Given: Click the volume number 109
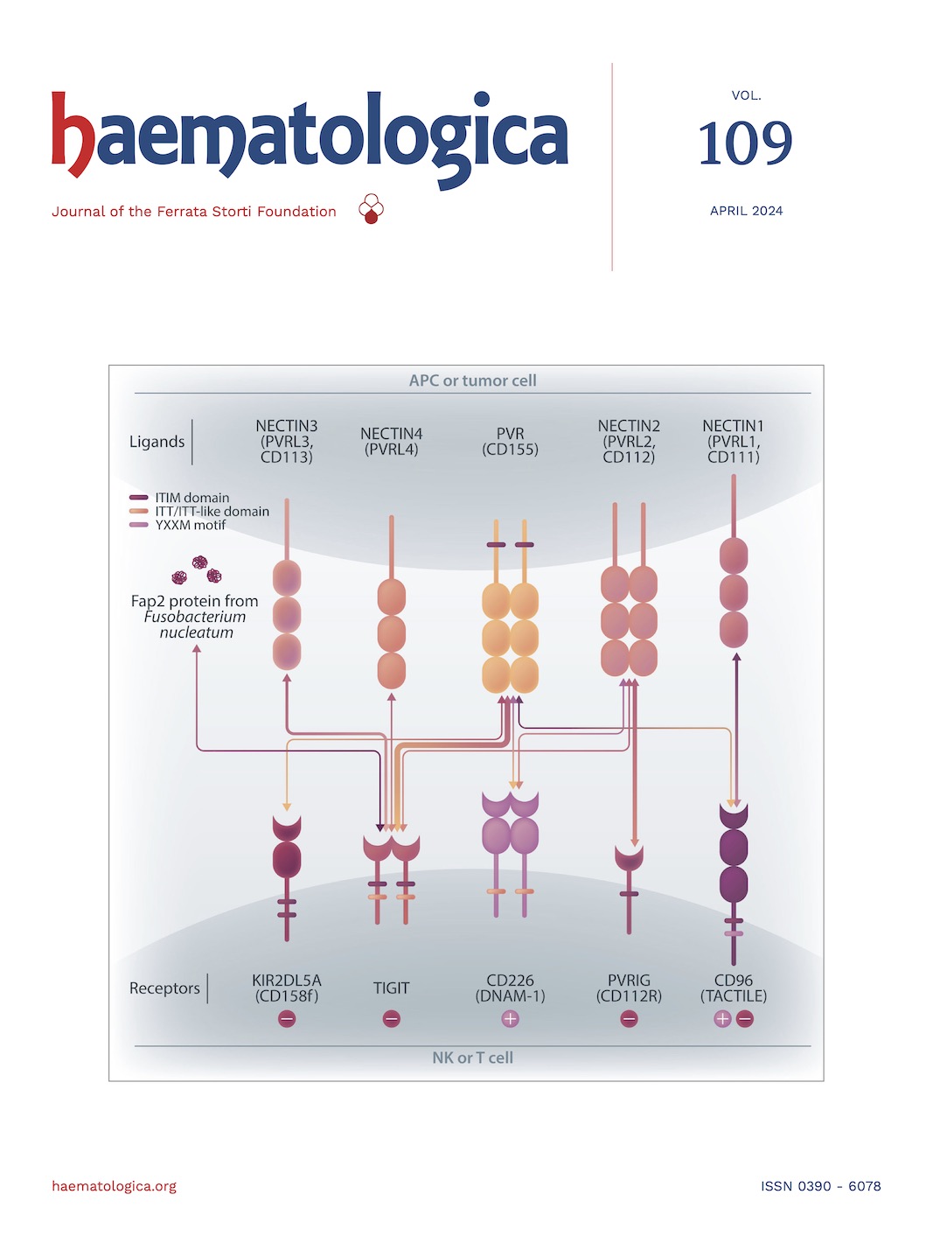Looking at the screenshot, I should point(745,143).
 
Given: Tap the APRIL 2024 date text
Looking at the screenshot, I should point(746,211).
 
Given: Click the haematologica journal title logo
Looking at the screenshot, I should point(310,138).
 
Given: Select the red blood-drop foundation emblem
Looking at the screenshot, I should point(371,209).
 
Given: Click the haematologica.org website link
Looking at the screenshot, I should point(114,1186).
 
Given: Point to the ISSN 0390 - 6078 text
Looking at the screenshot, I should point(820,1186).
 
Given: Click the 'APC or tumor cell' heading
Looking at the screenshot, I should point(472,381).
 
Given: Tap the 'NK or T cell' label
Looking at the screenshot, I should point(472,1058).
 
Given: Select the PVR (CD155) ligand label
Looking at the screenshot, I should point(510,442).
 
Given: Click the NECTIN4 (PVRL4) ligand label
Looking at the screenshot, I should point(391,442).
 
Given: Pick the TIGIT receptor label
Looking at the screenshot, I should point(391,988).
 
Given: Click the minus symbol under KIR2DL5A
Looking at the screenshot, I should point(287,1019).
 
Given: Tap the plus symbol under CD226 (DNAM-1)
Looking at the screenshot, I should point(510,1019).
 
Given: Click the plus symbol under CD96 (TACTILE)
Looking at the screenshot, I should point(722,1019).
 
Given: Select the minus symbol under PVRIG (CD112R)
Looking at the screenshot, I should point(629,1019).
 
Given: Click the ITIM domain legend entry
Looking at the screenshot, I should point(191,498).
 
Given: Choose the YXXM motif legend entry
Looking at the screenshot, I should point(189,525).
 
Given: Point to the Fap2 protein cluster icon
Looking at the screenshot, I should point(198,570).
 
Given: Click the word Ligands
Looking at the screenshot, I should point(157,442).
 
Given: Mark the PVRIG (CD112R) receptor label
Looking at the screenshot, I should point(629,988).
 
